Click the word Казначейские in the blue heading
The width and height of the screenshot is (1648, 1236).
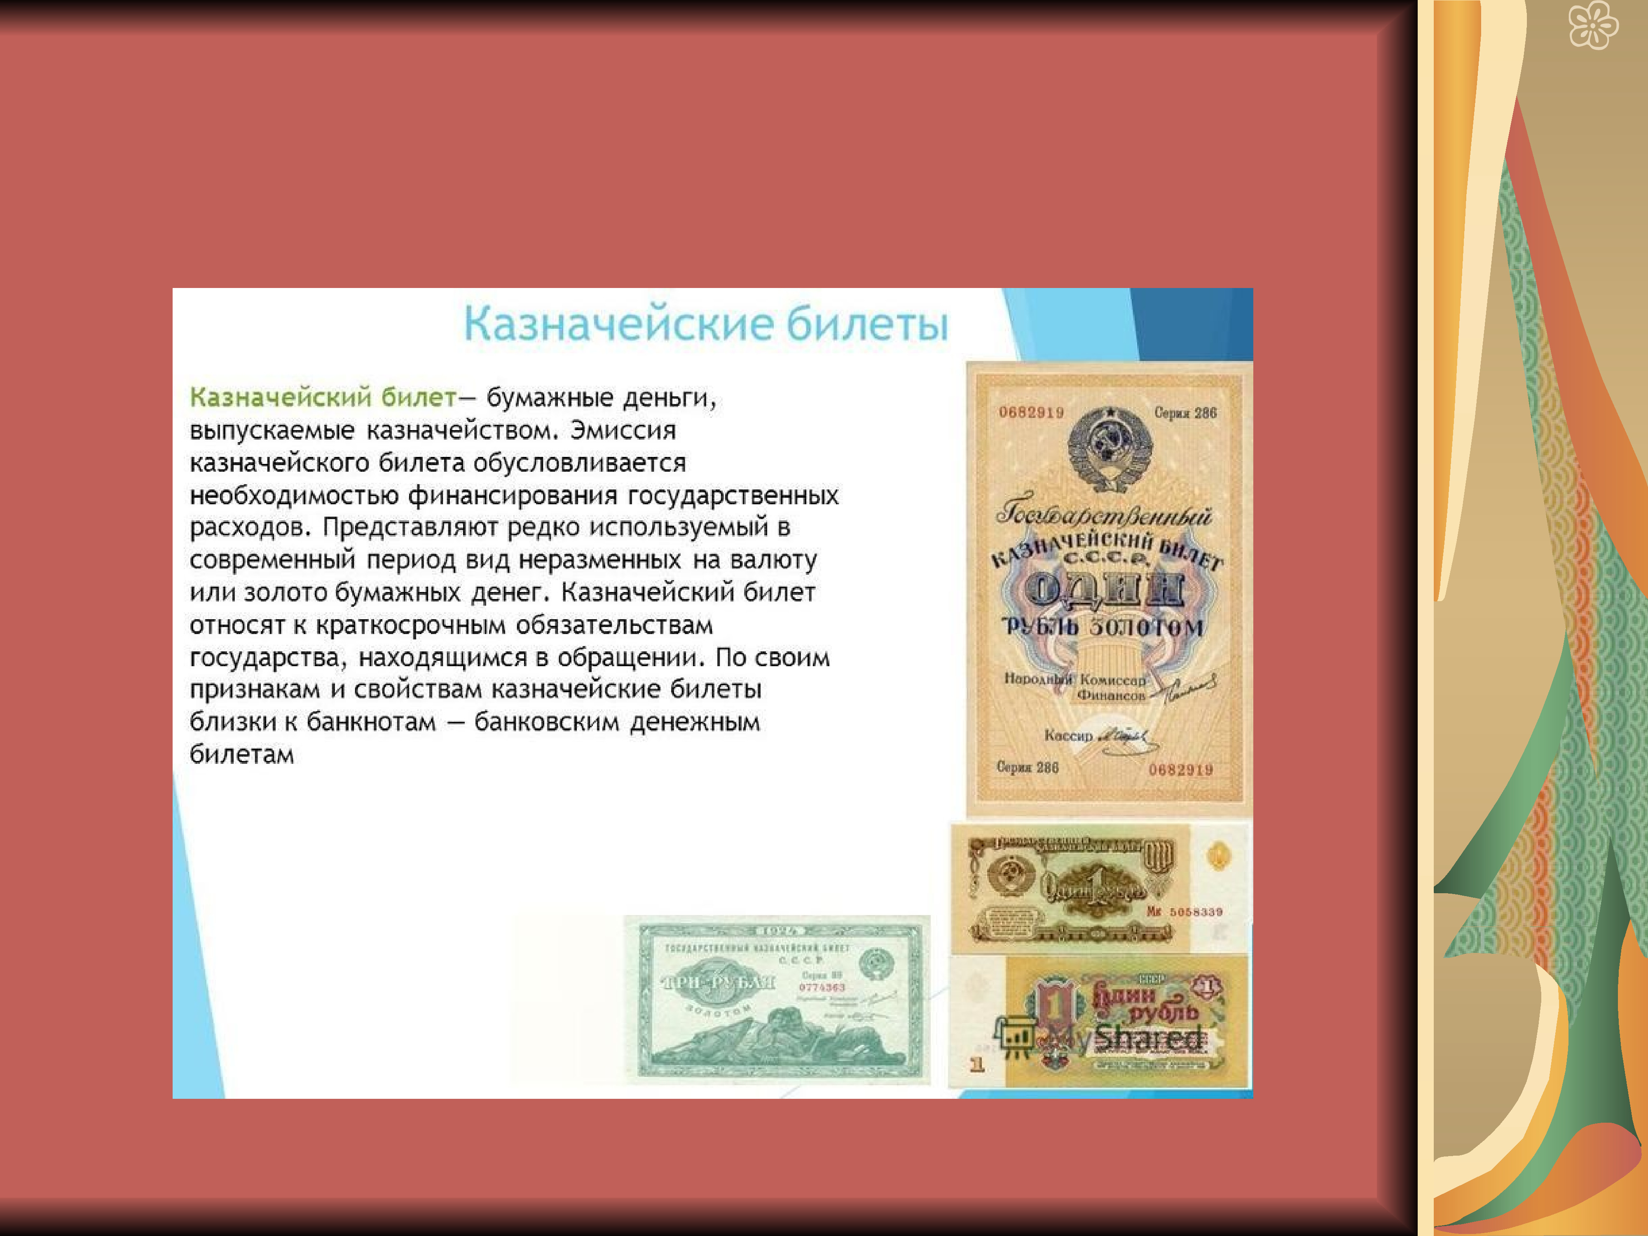[618, 325]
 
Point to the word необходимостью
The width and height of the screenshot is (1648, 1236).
[293, 496]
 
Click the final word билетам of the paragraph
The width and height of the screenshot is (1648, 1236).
[242, 755]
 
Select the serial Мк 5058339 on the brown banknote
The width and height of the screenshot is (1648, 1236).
[1184, 912]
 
